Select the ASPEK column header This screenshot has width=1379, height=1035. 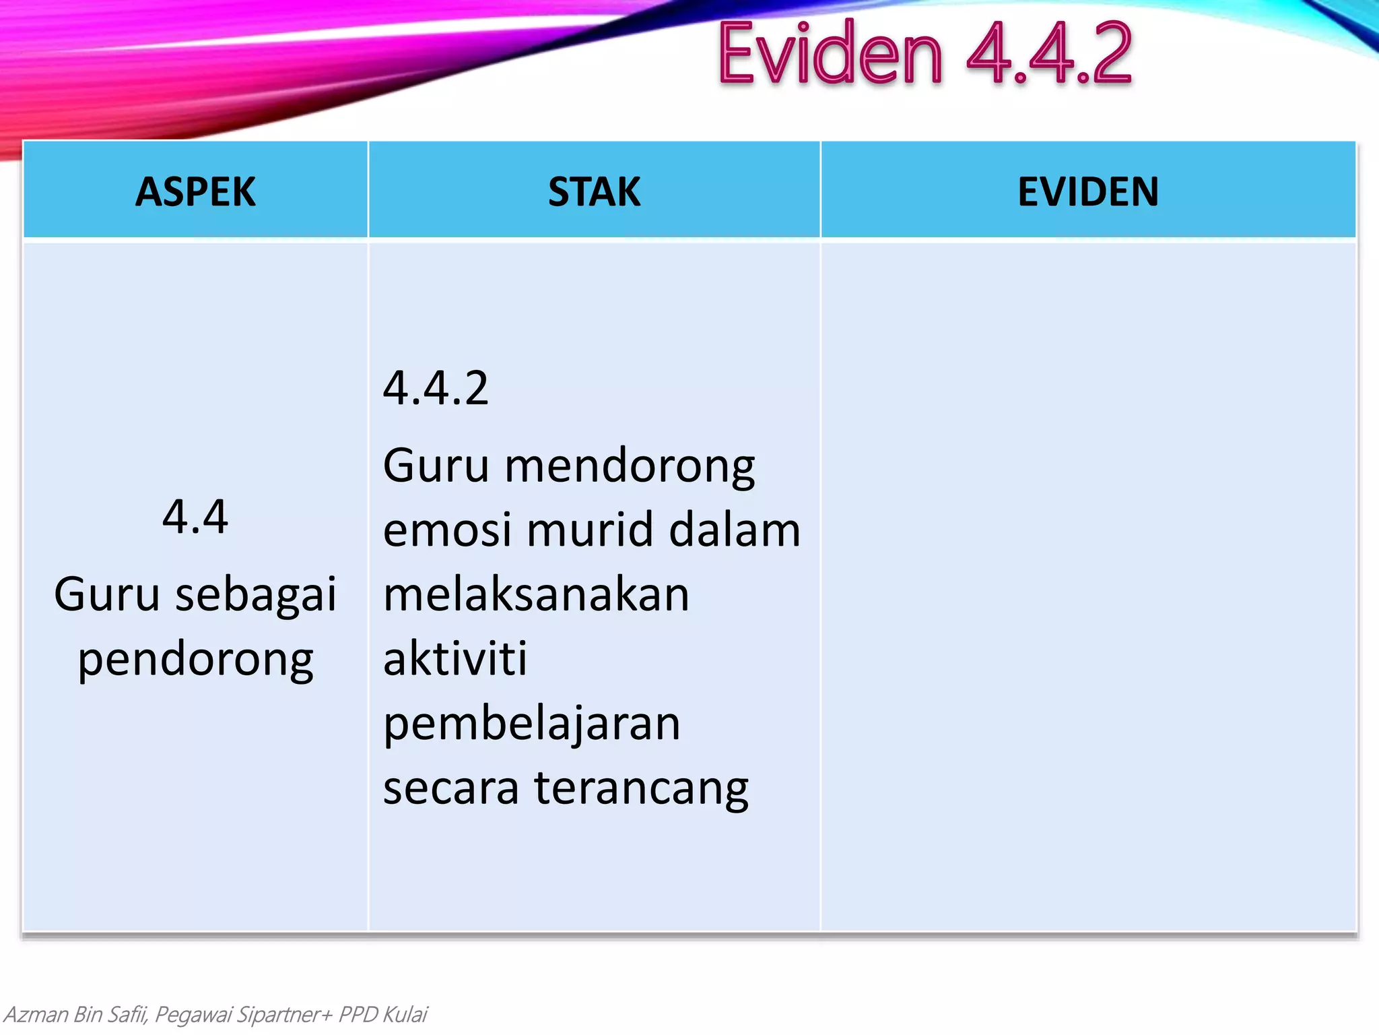195,191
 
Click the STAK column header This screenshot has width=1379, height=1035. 594,191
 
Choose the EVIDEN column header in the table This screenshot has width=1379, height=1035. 1088,191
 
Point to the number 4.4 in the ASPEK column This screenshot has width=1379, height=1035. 195,517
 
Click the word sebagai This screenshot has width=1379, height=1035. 255,595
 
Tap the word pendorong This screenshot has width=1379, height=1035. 195,660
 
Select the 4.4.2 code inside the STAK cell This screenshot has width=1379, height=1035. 436,389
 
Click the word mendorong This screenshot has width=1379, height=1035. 630,466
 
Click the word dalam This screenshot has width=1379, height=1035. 735,530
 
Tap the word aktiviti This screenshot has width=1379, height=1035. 455,658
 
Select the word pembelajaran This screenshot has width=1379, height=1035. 532,724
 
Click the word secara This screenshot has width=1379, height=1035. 450,788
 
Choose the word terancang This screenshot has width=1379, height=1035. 641,789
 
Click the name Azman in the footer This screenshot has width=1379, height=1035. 36,1014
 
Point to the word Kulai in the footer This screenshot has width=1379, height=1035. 405,1014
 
